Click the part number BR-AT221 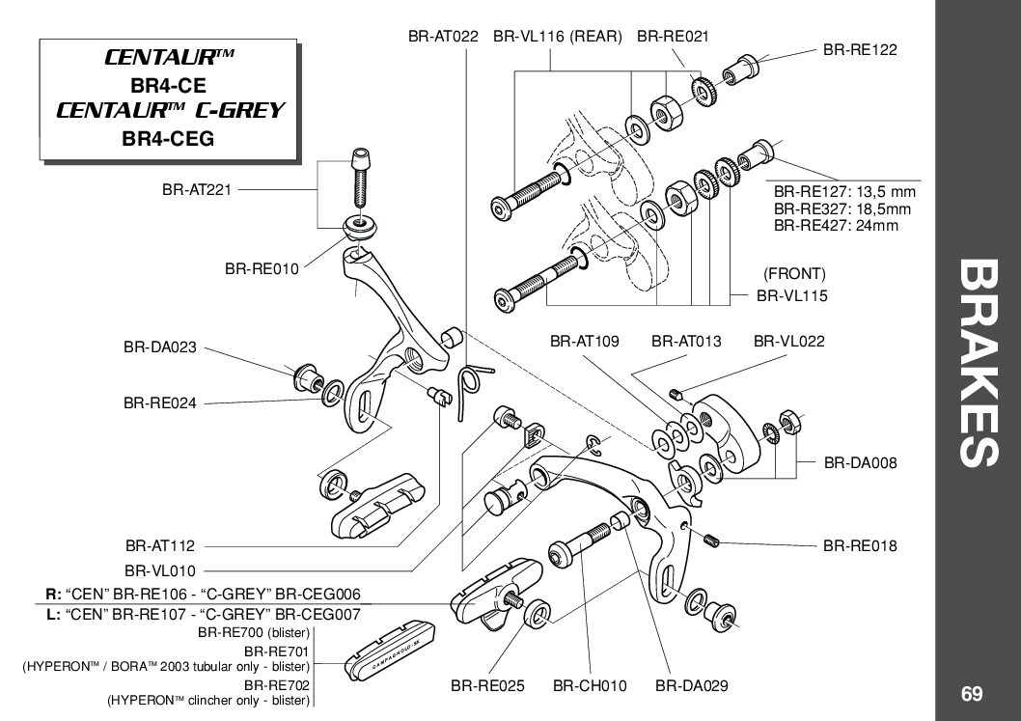tap(197, 190)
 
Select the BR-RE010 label tap(262, 268)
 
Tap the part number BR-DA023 tap(160, 347)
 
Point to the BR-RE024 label tap(160, 403)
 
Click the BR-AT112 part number tap(160, 545)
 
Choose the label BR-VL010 tap(160, 571)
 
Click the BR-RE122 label tap(860, 50)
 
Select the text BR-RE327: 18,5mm tap(842, 209)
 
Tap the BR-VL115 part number tap(791, 295)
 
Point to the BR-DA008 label tap(861, 463)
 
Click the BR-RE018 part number tap(860, 545)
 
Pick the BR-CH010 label tap(590, 686)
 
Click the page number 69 tap(972, 694)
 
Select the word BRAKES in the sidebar tap(979, 363)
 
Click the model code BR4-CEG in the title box tap(168, 139)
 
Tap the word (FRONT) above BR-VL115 tap(794, 273)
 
